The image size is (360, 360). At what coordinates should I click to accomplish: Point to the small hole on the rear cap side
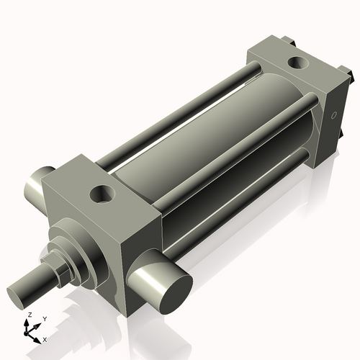[x=333, y=114]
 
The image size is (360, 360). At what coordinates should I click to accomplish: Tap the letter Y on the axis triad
[x=44, y=318]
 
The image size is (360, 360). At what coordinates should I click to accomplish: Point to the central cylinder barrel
[x=209, y=130]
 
